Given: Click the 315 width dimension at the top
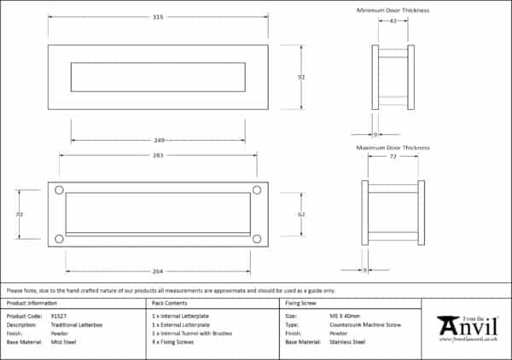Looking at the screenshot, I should coord(157,16).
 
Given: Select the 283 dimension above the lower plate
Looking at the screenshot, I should coord(158,155).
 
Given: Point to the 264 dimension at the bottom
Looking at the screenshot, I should coord(158,271).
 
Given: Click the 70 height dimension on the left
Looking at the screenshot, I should coord(19,214).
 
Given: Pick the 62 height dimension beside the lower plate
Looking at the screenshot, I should coord(301,214).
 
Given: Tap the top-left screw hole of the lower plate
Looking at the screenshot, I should coord(59,190).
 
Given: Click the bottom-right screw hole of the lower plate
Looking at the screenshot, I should coord(257,239).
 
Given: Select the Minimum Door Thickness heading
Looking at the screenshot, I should coord(392,10).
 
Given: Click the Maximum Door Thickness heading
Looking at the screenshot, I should coord(392,148).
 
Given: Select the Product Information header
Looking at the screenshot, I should coord(32,303).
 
